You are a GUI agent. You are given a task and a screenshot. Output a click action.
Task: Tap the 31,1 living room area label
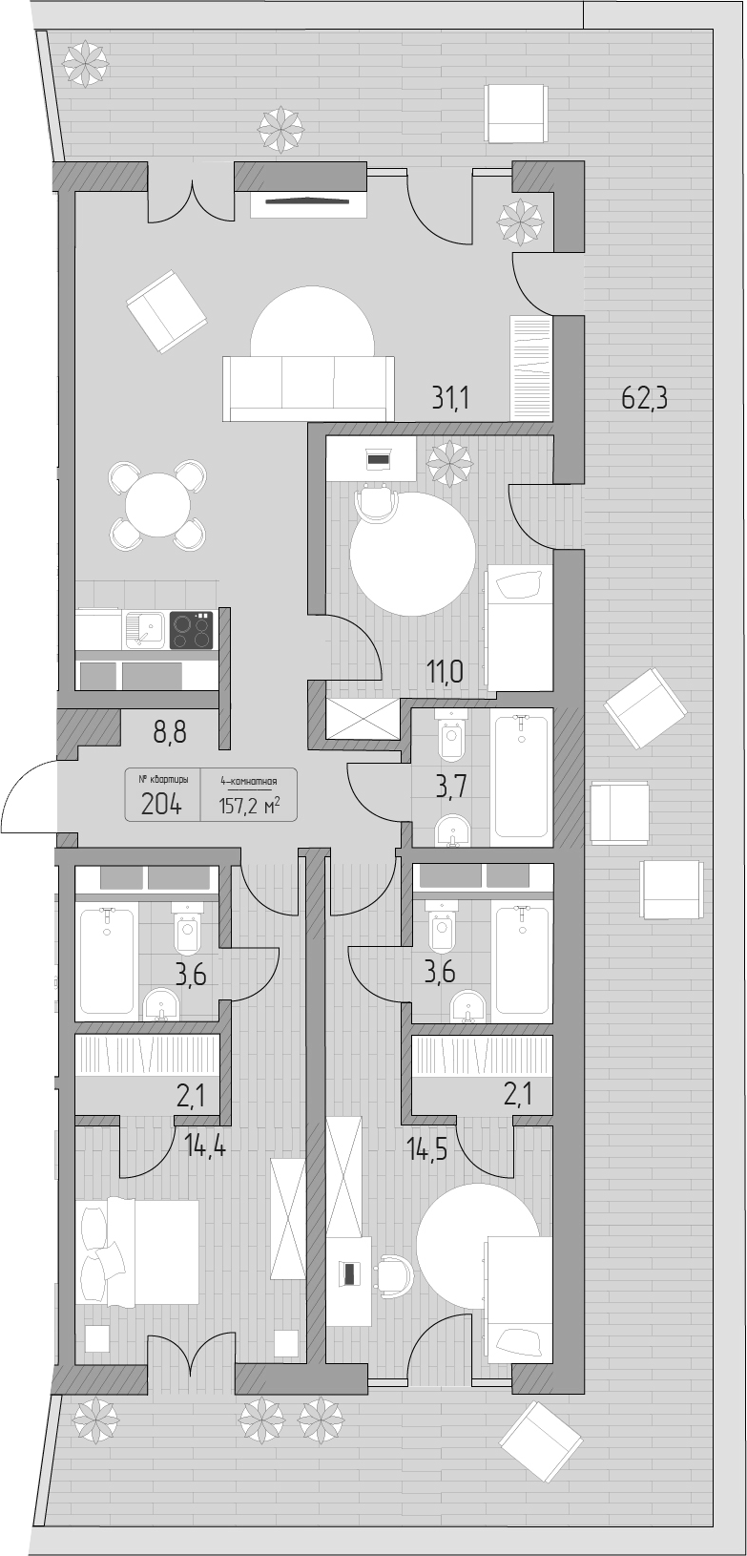(450, 399)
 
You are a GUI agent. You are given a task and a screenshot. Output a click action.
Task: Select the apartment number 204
(161, 805)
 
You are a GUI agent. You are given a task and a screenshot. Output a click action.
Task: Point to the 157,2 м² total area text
(249, 805)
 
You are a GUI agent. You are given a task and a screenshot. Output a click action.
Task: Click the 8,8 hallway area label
(170, 732)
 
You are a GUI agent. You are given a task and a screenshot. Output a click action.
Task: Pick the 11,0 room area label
(446, 672)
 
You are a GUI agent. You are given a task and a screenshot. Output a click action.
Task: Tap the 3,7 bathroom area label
(450, 789)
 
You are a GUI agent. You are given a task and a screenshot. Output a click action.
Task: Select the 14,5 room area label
(428, 1148)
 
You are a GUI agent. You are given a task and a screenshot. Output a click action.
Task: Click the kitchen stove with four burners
(191, 630)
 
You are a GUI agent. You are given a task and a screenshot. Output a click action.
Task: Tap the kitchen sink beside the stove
(144, 629)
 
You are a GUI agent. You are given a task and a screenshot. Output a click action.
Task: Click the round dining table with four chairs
(157, 505)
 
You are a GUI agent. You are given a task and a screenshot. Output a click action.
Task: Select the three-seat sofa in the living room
(307, 389)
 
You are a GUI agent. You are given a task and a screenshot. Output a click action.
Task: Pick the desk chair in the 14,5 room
(394, 1272)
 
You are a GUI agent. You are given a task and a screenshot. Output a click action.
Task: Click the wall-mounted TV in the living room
(307, 201)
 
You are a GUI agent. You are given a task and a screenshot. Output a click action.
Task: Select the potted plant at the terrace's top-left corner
(87, 62)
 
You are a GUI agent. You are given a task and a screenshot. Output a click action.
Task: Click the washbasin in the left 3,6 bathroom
(160, 1005)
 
